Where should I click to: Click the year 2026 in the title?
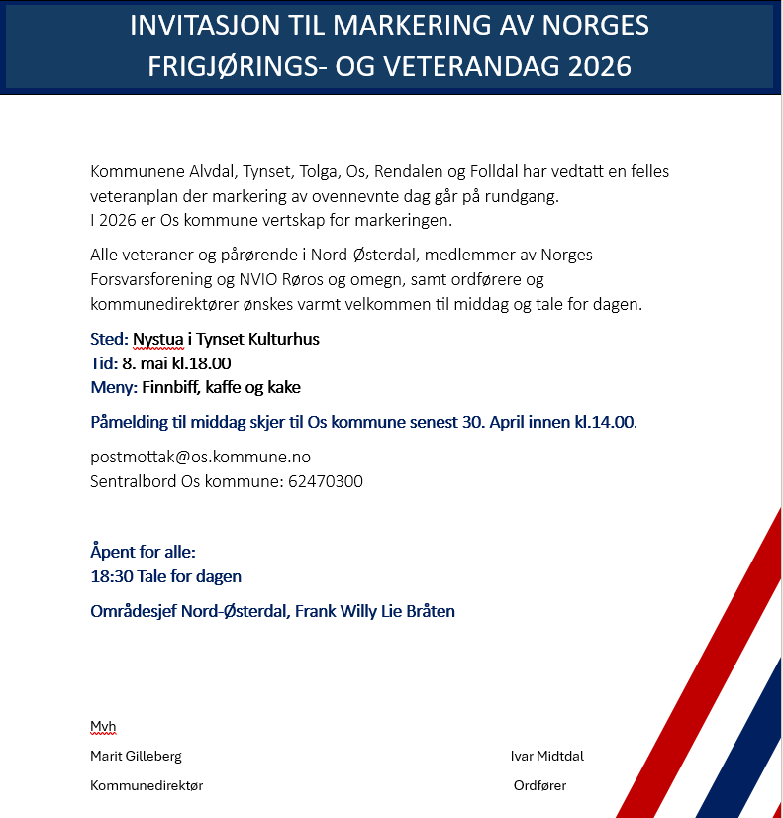[x=591, y=66]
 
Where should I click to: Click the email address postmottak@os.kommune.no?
[x=200, y=457]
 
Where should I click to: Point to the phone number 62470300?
[x=326, y=482]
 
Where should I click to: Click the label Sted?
[x=109, y=340]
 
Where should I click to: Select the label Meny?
[x=114, y=387]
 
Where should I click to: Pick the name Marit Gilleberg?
[x=136, y=756]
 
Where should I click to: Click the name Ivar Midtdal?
[x=547, y=756]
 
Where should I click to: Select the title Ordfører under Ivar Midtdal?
[x=539, y=785]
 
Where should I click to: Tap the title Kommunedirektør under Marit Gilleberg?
[x=147, y=785]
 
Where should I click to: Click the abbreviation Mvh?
[x=103, y=726]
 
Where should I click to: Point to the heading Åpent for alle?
[x=143, y=552]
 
